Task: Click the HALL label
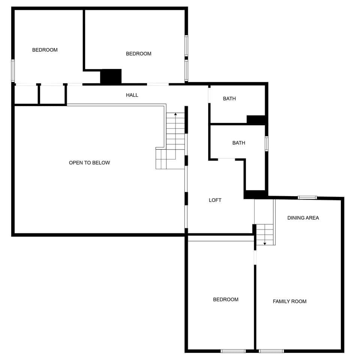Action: pos(132,95)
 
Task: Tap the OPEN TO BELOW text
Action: pos(89,163)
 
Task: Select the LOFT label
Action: pos(215,200)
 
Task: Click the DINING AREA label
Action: pos(303,218)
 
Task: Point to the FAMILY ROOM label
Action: pos(289,301)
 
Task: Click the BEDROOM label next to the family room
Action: pos(225,300)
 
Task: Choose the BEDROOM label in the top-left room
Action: pos(45,50)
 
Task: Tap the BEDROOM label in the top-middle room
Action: pos(138,54)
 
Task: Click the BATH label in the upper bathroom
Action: pos(229,99)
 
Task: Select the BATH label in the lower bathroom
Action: pos(238,143)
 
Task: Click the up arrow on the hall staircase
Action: pos(175,114)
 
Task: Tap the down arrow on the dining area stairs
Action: pos(265,243)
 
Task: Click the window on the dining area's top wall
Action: pos(307,198)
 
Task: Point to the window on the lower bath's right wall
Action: pos(267,144)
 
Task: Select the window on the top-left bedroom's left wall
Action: pos(13,70)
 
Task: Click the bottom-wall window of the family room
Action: pos(271,351)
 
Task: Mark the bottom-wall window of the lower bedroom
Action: pos(233,351)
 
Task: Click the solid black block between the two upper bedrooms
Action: pos(111,76)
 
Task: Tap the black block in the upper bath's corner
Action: pos(256,120)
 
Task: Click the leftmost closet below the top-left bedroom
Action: pos(26,95)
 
